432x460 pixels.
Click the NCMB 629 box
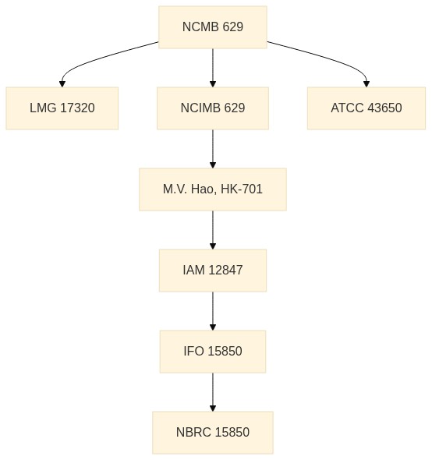click(x=213, y=27)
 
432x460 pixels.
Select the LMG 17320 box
click(x=62, y=108)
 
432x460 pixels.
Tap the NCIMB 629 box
click(x=213, y=108)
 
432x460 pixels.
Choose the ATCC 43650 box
click(x=366, y=108)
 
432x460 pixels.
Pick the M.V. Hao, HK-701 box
click(x=213, y=189)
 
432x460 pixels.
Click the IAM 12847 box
click(x=213, y=271)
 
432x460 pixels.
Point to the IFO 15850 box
click(x=213, y=352)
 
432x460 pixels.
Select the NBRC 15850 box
click(x=213, y=433)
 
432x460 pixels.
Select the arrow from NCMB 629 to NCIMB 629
click(x=213, y=68)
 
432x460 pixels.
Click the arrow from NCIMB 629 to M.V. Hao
click(x=213, y=149)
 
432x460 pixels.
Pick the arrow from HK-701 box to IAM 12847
click(x=213, y=230)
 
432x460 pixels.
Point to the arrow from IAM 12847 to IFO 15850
click(x=213, y=311)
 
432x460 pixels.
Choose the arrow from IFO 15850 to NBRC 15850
click(x=213, y=392)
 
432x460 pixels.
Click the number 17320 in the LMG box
click(x=77, y=108)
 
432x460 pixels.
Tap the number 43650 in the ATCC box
click(x=384, y=108)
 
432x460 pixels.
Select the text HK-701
click(x=242, y=189)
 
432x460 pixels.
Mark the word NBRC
click(x=193, y=433)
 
